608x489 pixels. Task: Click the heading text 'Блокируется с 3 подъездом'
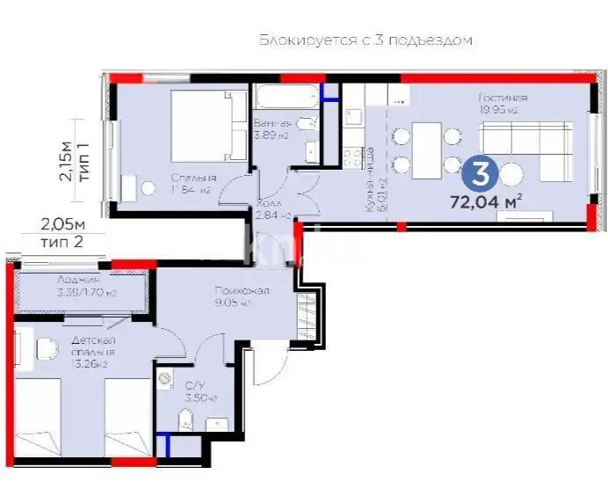pos(366,40)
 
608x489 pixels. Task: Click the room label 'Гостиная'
pos(503,98)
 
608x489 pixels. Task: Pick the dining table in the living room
pos(425,150)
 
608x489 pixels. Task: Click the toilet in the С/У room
pos(185,425)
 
